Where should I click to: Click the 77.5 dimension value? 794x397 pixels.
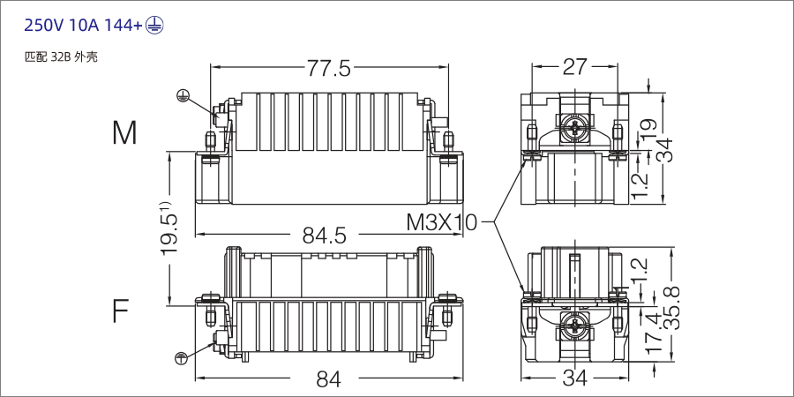[328, 68]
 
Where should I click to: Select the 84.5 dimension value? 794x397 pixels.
[324, 236]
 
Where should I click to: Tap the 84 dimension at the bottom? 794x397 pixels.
[328, 379]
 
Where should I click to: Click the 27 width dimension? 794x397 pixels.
[574, 68]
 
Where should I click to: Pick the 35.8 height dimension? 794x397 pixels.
[672, 306]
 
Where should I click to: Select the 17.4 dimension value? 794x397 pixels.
[652, 331]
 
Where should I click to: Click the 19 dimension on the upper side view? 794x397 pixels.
[648, 129]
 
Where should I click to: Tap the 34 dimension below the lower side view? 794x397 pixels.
[574, 379]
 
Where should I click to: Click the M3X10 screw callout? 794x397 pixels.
[441, 222]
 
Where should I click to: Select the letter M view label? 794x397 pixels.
[124, 133]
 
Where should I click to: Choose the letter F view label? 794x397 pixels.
[121, 311]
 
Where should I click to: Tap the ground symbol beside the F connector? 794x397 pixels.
[180, 357]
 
